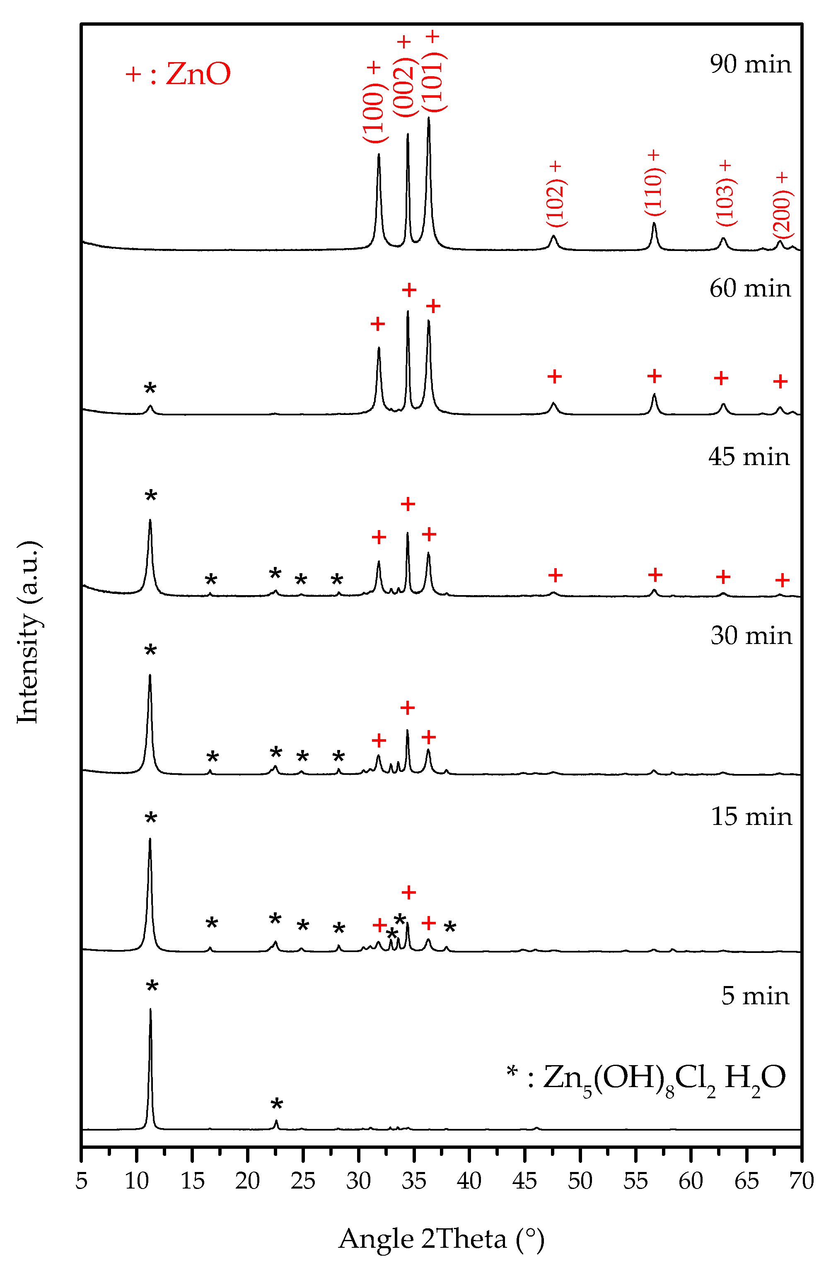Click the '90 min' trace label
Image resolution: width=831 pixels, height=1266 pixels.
(x=750, y=64)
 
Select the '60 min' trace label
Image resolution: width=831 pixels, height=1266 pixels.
(x=750, y=288)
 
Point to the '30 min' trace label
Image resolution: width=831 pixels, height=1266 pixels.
(x=751, y=636)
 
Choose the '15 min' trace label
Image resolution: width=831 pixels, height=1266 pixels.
(x=751, y=817)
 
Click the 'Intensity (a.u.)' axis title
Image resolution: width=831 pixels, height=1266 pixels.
(x=28, y=633)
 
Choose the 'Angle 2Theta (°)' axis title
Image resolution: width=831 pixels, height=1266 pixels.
(x=441, y=1239)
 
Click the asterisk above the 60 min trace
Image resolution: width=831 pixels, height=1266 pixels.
(x=150, y=389)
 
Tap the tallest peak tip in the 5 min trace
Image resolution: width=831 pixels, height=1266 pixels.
(x=150, y=1010)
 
